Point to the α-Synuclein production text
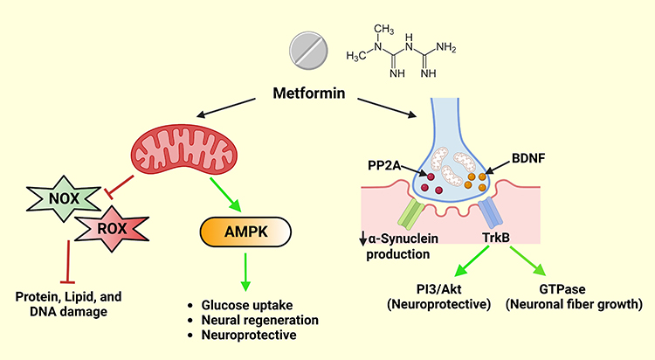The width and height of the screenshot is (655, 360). [x=397, y=246]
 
